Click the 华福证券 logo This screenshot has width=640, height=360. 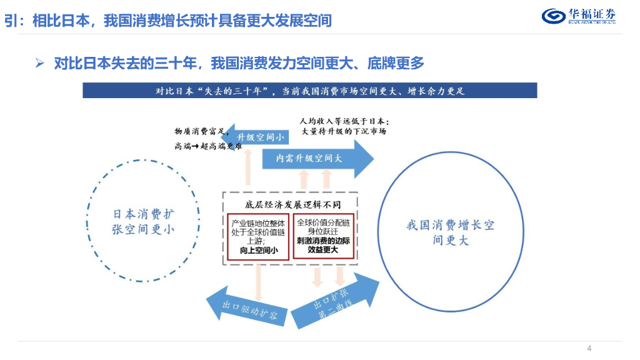coord(578,16)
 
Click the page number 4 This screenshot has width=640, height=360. coord(589,348)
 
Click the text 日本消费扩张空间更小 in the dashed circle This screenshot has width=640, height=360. coord(144,221)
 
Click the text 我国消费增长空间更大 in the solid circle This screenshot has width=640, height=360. coord(450,232)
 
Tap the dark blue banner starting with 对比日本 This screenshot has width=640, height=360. coord(309,91)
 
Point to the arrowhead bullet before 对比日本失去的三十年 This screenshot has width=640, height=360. coord(40,62)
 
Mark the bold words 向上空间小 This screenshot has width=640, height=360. coord(258,250)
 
